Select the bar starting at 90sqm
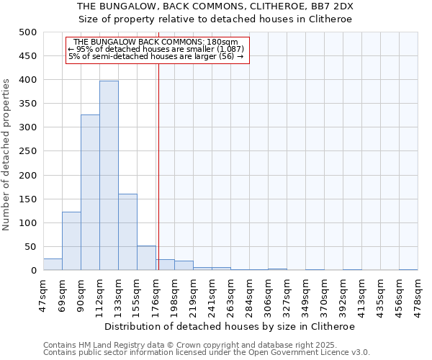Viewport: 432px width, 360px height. coord(90,192)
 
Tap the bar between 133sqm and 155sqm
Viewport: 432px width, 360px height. coord(127,232)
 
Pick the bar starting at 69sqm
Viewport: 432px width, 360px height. coord(71,241)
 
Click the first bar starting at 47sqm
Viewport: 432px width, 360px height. coord(53,264)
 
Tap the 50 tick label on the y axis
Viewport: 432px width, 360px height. coord(31,247)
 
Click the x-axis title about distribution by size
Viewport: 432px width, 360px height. coord(230,326)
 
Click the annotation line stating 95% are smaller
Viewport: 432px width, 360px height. coord(156,49)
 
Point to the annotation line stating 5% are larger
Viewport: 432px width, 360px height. coord(156,56)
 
